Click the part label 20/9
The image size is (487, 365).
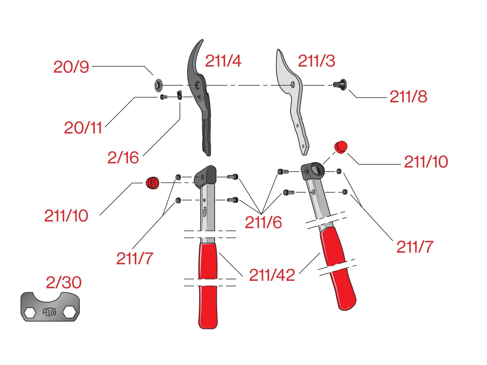pos(71,67)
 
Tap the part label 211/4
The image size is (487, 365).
pos(223,61)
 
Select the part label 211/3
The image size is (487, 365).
pos(316,61)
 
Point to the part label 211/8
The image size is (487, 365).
pos(408,97)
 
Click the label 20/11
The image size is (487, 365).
pos(83,128)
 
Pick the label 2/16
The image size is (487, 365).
pos(123,158)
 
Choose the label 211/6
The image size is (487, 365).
pos(263,222)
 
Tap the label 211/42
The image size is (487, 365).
pos(272,275)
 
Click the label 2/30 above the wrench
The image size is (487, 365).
pos(64,283)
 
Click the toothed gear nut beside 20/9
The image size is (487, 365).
pos(158,85)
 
